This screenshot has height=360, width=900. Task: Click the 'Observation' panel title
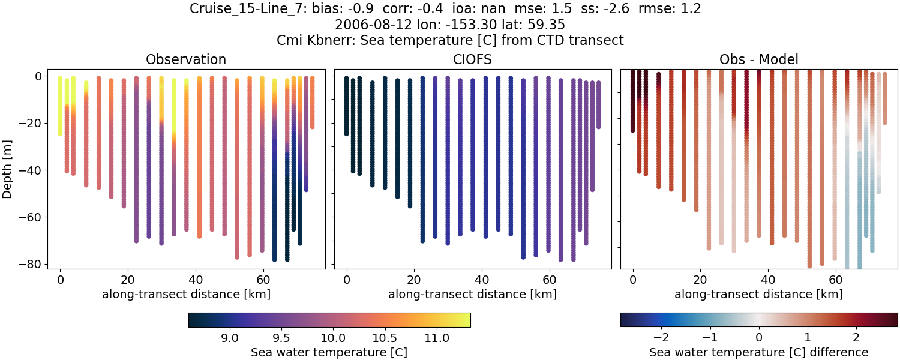(x=186, y=59)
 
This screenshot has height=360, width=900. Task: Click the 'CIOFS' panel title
(x=472, y=59)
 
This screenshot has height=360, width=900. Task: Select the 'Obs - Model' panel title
(x=758, y=59)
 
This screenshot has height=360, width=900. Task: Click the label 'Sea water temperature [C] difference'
(x=758, y=352)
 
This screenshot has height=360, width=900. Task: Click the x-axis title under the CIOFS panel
(x=472, y=294)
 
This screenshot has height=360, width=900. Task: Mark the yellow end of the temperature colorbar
(x=467, y=320)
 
